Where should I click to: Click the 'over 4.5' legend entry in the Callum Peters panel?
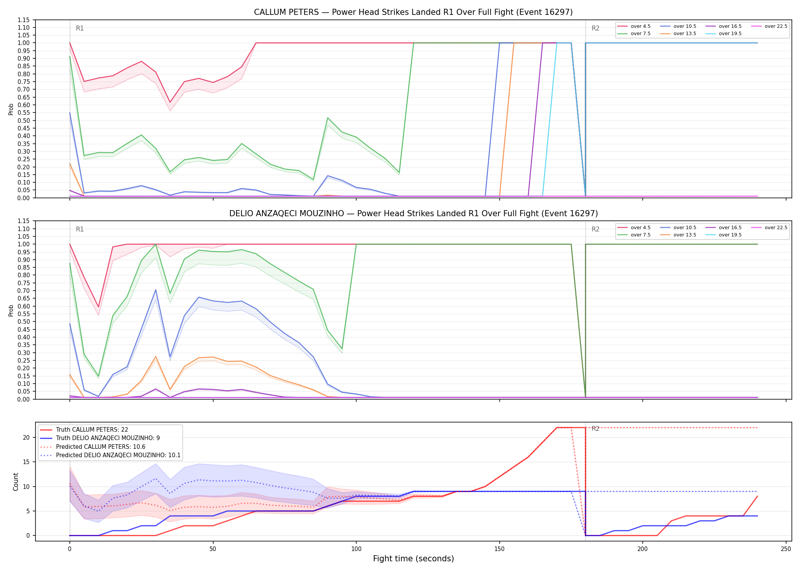(x=634, y=26)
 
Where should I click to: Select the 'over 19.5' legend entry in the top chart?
(x=724, y=34)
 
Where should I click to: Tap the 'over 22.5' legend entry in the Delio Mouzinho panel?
(x=769, y=228)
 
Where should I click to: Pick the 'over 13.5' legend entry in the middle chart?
(x=678, y=235)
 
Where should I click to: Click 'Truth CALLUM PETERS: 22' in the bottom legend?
(x=84, y=430)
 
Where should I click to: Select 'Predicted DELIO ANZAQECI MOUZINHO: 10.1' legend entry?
(x=110, y=455)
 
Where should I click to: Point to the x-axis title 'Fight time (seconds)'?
(x=413, y=559)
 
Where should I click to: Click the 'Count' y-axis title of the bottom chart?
(x=16, y=482)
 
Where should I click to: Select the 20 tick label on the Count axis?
(x=26, y=437)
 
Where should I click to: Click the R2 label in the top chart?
(x=595, y=28)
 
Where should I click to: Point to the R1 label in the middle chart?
(x=80, y=229)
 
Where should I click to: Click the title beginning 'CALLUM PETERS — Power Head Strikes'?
(x=413, y=12)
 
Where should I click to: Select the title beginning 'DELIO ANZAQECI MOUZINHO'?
(x=413, y=214)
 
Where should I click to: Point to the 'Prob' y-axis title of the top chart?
(x=11, y=109)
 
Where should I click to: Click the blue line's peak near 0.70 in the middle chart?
(x=156, y=290)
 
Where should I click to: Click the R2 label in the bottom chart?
(x=595, y=429)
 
